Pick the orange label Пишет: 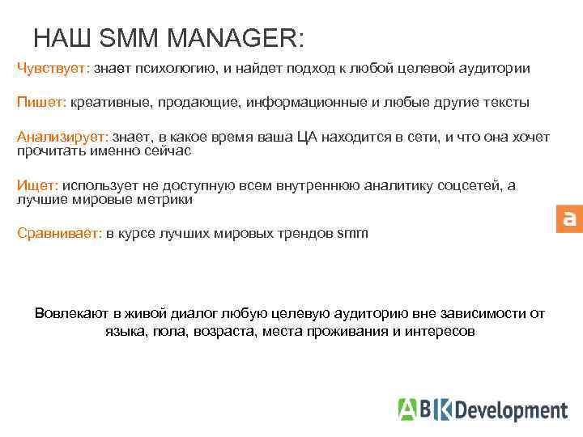41,103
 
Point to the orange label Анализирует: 63,138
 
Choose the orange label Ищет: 38,185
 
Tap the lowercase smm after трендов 352,233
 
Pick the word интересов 442,331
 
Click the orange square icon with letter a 569,218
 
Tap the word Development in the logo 510,410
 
